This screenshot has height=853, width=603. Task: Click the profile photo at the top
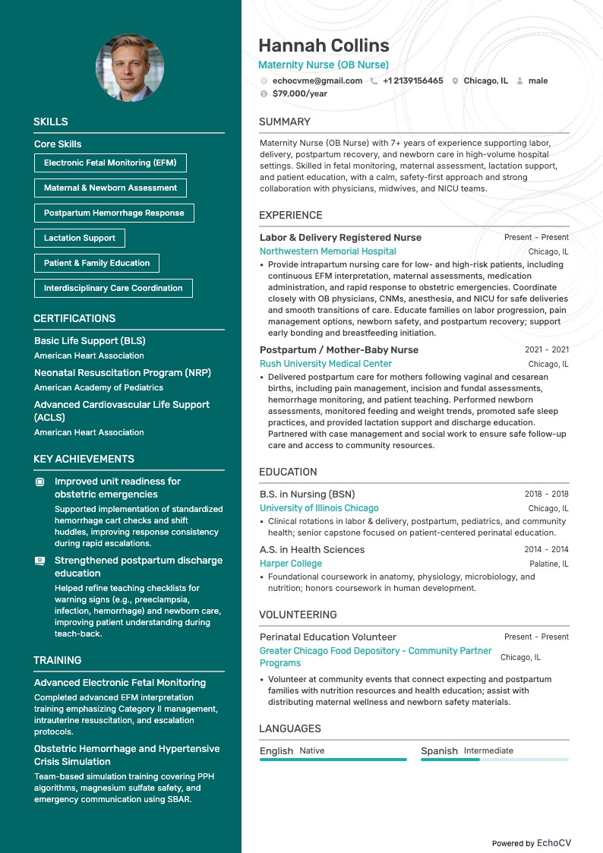[129, 68]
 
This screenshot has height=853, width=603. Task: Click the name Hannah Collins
[324, 46]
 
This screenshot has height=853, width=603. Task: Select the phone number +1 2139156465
[412, 81]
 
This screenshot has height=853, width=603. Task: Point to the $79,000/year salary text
[299, 93]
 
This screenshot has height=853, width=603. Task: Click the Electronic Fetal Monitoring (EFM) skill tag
[110, 163]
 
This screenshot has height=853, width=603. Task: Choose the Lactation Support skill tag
[80, 238]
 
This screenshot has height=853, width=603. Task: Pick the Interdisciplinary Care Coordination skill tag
[113, 288]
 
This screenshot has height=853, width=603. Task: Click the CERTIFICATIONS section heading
[74, 318]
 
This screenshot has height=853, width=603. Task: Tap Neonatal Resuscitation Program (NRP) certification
[122, 373]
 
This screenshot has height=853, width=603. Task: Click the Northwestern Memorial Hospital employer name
[327, 251]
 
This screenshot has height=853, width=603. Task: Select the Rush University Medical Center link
[326, 364]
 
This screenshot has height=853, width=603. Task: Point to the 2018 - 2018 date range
[546, 494]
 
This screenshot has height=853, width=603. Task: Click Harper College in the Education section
[291, 564]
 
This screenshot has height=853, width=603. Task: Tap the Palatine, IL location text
[548, 564]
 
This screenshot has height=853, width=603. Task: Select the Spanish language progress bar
[494, 759]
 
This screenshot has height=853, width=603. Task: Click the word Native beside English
[311, 750]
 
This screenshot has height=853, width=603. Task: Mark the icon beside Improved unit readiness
[40, 482]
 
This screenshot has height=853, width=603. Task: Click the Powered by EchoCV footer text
[531, 843]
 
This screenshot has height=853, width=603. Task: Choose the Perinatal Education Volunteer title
[328, 637]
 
